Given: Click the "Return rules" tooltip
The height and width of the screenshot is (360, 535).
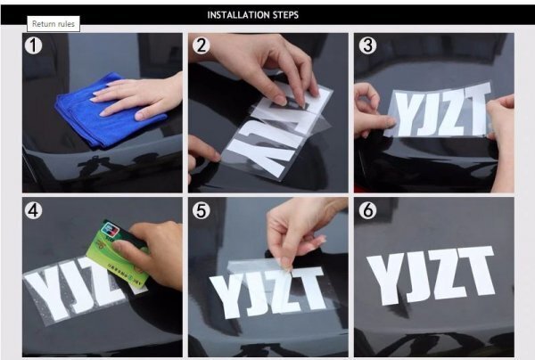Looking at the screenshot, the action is tap(53, 24).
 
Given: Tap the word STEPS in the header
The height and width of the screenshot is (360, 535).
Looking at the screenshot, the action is tap(285, 15).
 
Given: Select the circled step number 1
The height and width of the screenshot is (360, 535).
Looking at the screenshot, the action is tap(34, 45).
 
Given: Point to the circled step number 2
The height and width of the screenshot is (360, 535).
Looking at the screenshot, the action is tap(201, 45).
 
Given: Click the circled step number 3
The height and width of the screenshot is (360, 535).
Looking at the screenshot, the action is tap(367, 45).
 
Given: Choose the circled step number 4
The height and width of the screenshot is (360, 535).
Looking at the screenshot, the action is tap(34, 210).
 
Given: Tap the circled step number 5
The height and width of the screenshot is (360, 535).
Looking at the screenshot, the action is tap(201, 210).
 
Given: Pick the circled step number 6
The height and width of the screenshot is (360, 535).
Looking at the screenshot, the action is tap(367, 210).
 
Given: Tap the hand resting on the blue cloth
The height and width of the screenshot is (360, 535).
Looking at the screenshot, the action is tap(140, 97).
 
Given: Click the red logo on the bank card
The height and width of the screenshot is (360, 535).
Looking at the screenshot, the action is tap(109, 228).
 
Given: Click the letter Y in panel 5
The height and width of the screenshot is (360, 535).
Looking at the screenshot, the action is tap(226, 296).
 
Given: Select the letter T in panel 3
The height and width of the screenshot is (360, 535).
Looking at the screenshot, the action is tap(476, 109).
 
